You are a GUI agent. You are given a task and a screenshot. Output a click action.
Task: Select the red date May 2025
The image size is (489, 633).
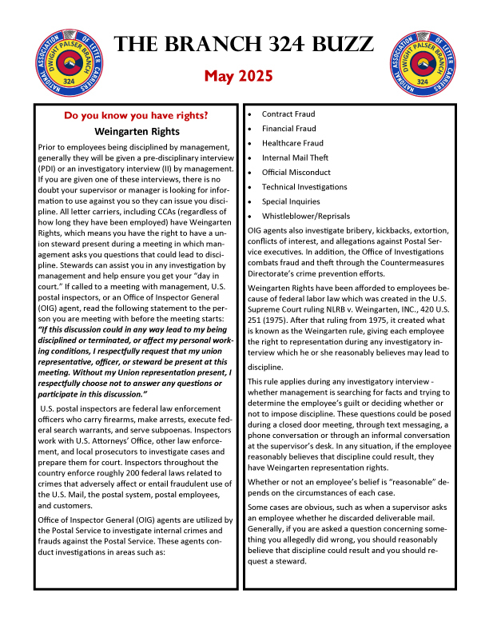coord(238,77)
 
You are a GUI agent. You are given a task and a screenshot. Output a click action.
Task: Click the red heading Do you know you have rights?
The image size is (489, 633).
coord(137,115)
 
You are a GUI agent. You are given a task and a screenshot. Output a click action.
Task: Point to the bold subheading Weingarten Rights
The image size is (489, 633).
coord(137,131)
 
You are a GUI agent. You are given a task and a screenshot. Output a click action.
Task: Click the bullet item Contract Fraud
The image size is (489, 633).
coord(288,114)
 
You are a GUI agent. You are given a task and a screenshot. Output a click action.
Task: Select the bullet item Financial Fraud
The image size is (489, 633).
coord(288,129)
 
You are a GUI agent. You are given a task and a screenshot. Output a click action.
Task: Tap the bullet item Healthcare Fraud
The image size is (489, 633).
coord(292,143)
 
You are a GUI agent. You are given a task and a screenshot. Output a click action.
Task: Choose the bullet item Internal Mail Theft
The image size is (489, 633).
coord(295,157)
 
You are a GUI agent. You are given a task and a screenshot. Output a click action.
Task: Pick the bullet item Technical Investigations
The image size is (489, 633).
coord(304,186)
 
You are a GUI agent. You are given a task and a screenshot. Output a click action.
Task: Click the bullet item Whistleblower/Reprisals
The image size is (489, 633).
coord(305,216)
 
